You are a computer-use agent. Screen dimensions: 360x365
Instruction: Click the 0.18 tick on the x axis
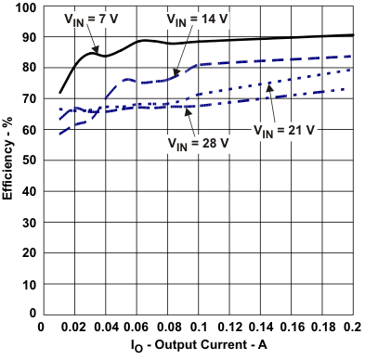pos(321,328)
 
